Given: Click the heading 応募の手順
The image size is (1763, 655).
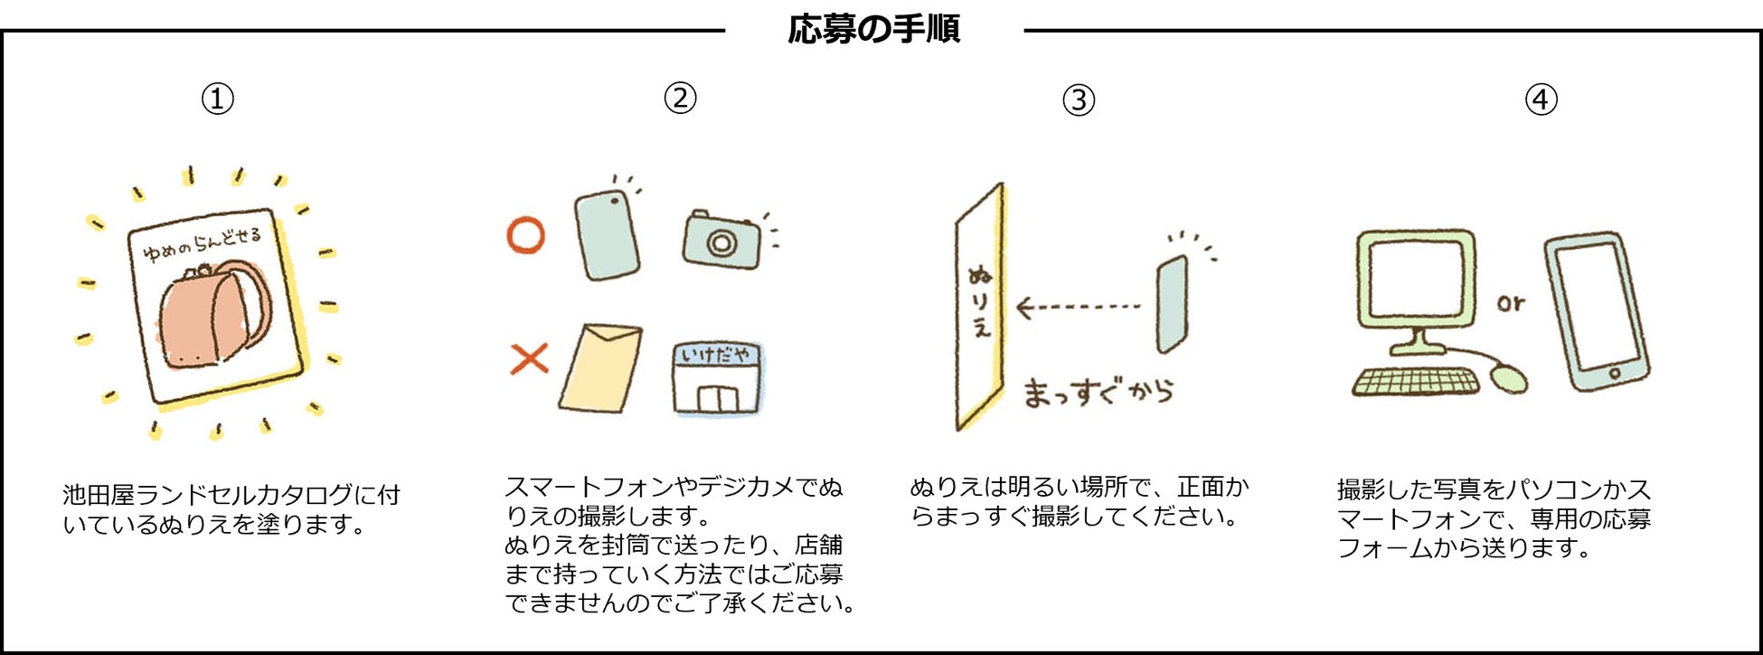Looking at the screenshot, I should click(x=873, y=30).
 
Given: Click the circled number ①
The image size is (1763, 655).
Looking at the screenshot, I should click(x=217, y=99).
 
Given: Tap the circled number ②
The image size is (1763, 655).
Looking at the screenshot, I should click(x=680, y=98).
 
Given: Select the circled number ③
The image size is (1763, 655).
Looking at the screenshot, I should click(x=1078, y=100).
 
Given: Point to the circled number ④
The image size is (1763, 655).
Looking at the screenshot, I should click(x=1541, y=99).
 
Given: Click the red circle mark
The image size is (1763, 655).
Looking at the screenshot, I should click(x=525, y=235).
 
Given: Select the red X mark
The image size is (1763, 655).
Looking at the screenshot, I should click(x=529, y=359).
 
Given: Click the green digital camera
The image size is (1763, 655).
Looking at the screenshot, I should click(x=721, y=241).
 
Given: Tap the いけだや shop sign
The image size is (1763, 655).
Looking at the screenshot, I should click(x=716, y=355).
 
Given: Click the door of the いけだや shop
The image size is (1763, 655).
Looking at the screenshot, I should click(x=717, y=398).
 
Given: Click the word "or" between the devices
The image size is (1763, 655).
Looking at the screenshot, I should click(x=1511, y=304).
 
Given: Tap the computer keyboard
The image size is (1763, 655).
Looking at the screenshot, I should click(x=1414, y=383).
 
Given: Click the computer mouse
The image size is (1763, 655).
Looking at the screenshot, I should click(x=1508, y=376).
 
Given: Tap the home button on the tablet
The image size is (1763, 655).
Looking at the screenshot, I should click(x=1615, y=373).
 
